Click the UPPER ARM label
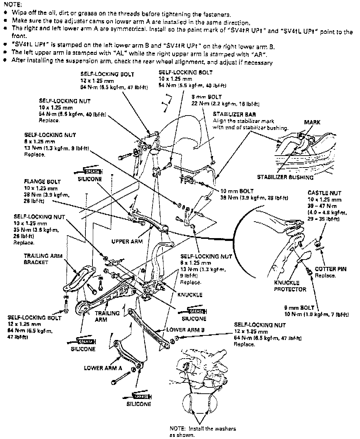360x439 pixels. pyautogui.click(x=127, y=242)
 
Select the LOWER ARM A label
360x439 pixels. pyautogui.click(x=103, y=368)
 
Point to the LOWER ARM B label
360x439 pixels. pyautogui.click(x=185, y=330)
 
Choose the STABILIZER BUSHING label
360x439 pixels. pyautogui.click(x=285, y=177)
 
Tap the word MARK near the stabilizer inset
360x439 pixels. pyautogui.click(x=312, y=122)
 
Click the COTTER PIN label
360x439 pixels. pyautogui.click(x=330, y=269)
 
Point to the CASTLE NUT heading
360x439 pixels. pyautogui.click(x=324, y=193)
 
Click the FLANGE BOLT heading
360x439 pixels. pyautogui.click(x=42, y=182)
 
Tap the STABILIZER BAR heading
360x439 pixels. pyautogui.click(x=234, y=114)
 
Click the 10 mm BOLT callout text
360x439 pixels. pyautogui.click(x=237, y=191)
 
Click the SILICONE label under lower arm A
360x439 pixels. pyautogui.click(x=139, y=404)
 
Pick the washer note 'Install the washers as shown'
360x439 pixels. pyautogui.click(x=202, y=432)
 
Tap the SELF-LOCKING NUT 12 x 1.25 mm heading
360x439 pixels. pyautogui.click(x=260, y=325)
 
